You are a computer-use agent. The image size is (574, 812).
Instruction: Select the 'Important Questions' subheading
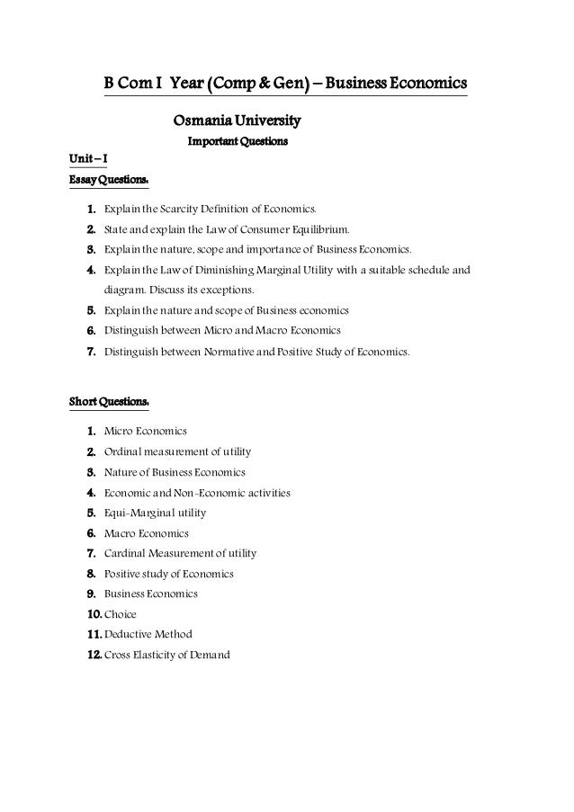[x=237, y=142]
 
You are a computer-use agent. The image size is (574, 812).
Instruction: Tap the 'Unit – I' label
[x=87, y=160]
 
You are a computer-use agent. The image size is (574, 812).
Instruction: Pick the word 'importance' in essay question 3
[x=272, y=249]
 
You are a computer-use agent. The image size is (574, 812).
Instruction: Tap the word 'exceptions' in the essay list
[x=229, y=290]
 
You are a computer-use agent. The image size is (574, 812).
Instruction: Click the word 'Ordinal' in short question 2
[x=124, y=451]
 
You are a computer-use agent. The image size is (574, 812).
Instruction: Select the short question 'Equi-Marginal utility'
[x=155, y=513]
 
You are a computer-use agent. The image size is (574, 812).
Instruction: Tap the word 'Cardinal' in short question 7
[x=126, y=553]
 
